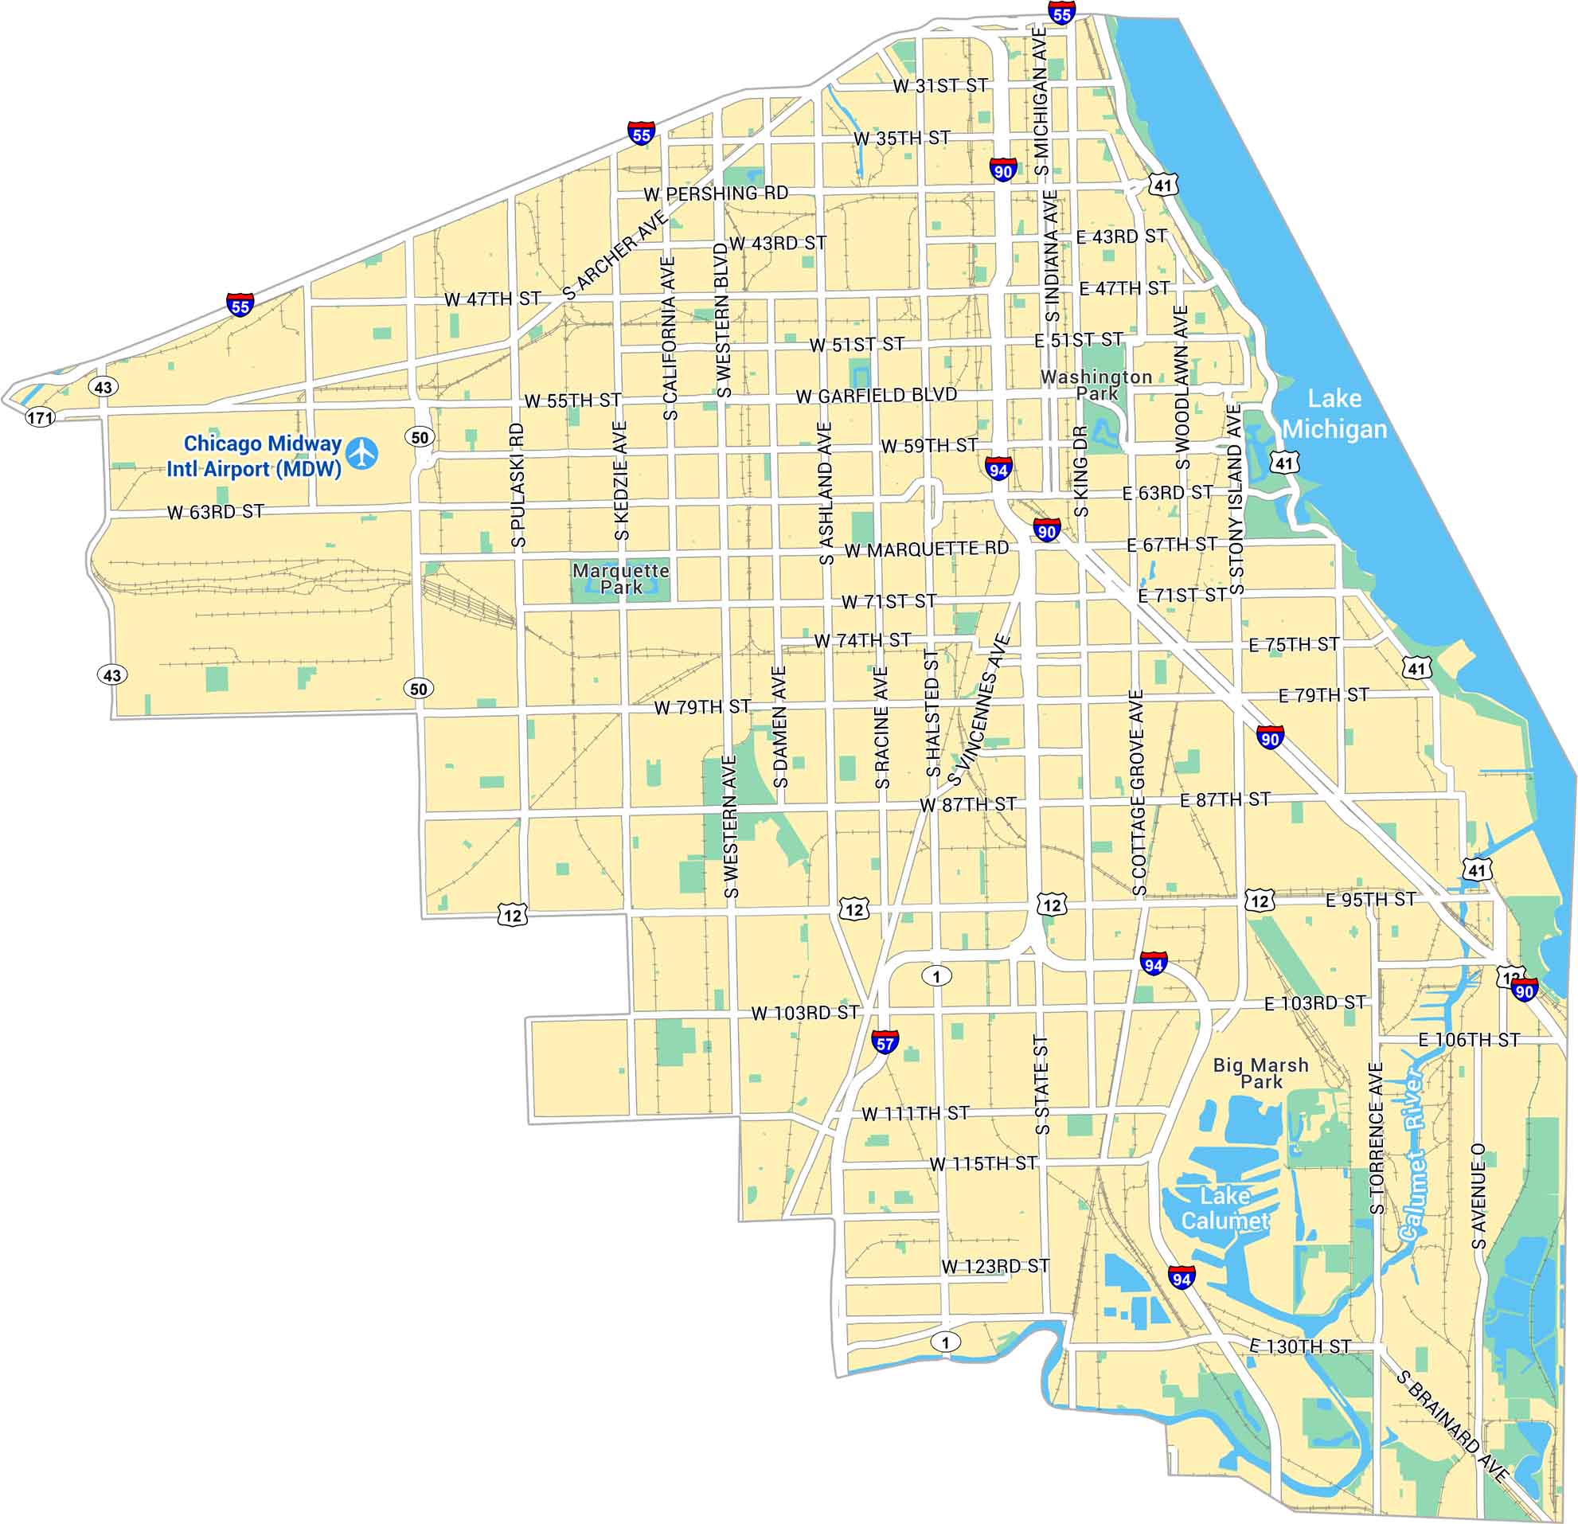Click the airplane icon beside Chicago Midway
[362, 453]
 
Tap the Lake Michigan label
[1334, 414]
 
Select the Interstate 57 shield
[884, 1041]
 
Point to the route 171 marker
[41, 417]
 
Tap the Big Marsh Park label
[1261, 1073]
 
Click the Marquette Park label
[621, 578]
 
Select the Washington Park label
[1096, 385]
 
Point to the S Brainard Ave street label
[1451, 1426]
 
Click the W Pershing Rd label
[716, 194]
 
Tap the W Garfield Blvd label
[877, 395]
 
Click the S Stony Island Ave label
[1235, 499]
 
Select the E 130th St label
[1299, 1347]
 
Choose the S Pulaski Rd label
[518, 486]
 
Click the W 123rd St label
[995, 1266]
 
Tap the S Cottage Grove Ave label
[1138, 793]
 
